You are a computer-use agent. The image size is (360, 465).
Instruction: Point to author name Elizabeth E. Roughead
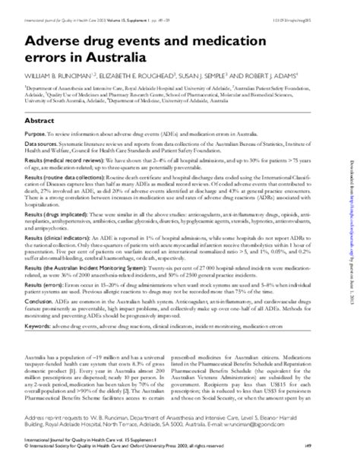click(x=141, y=77)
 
